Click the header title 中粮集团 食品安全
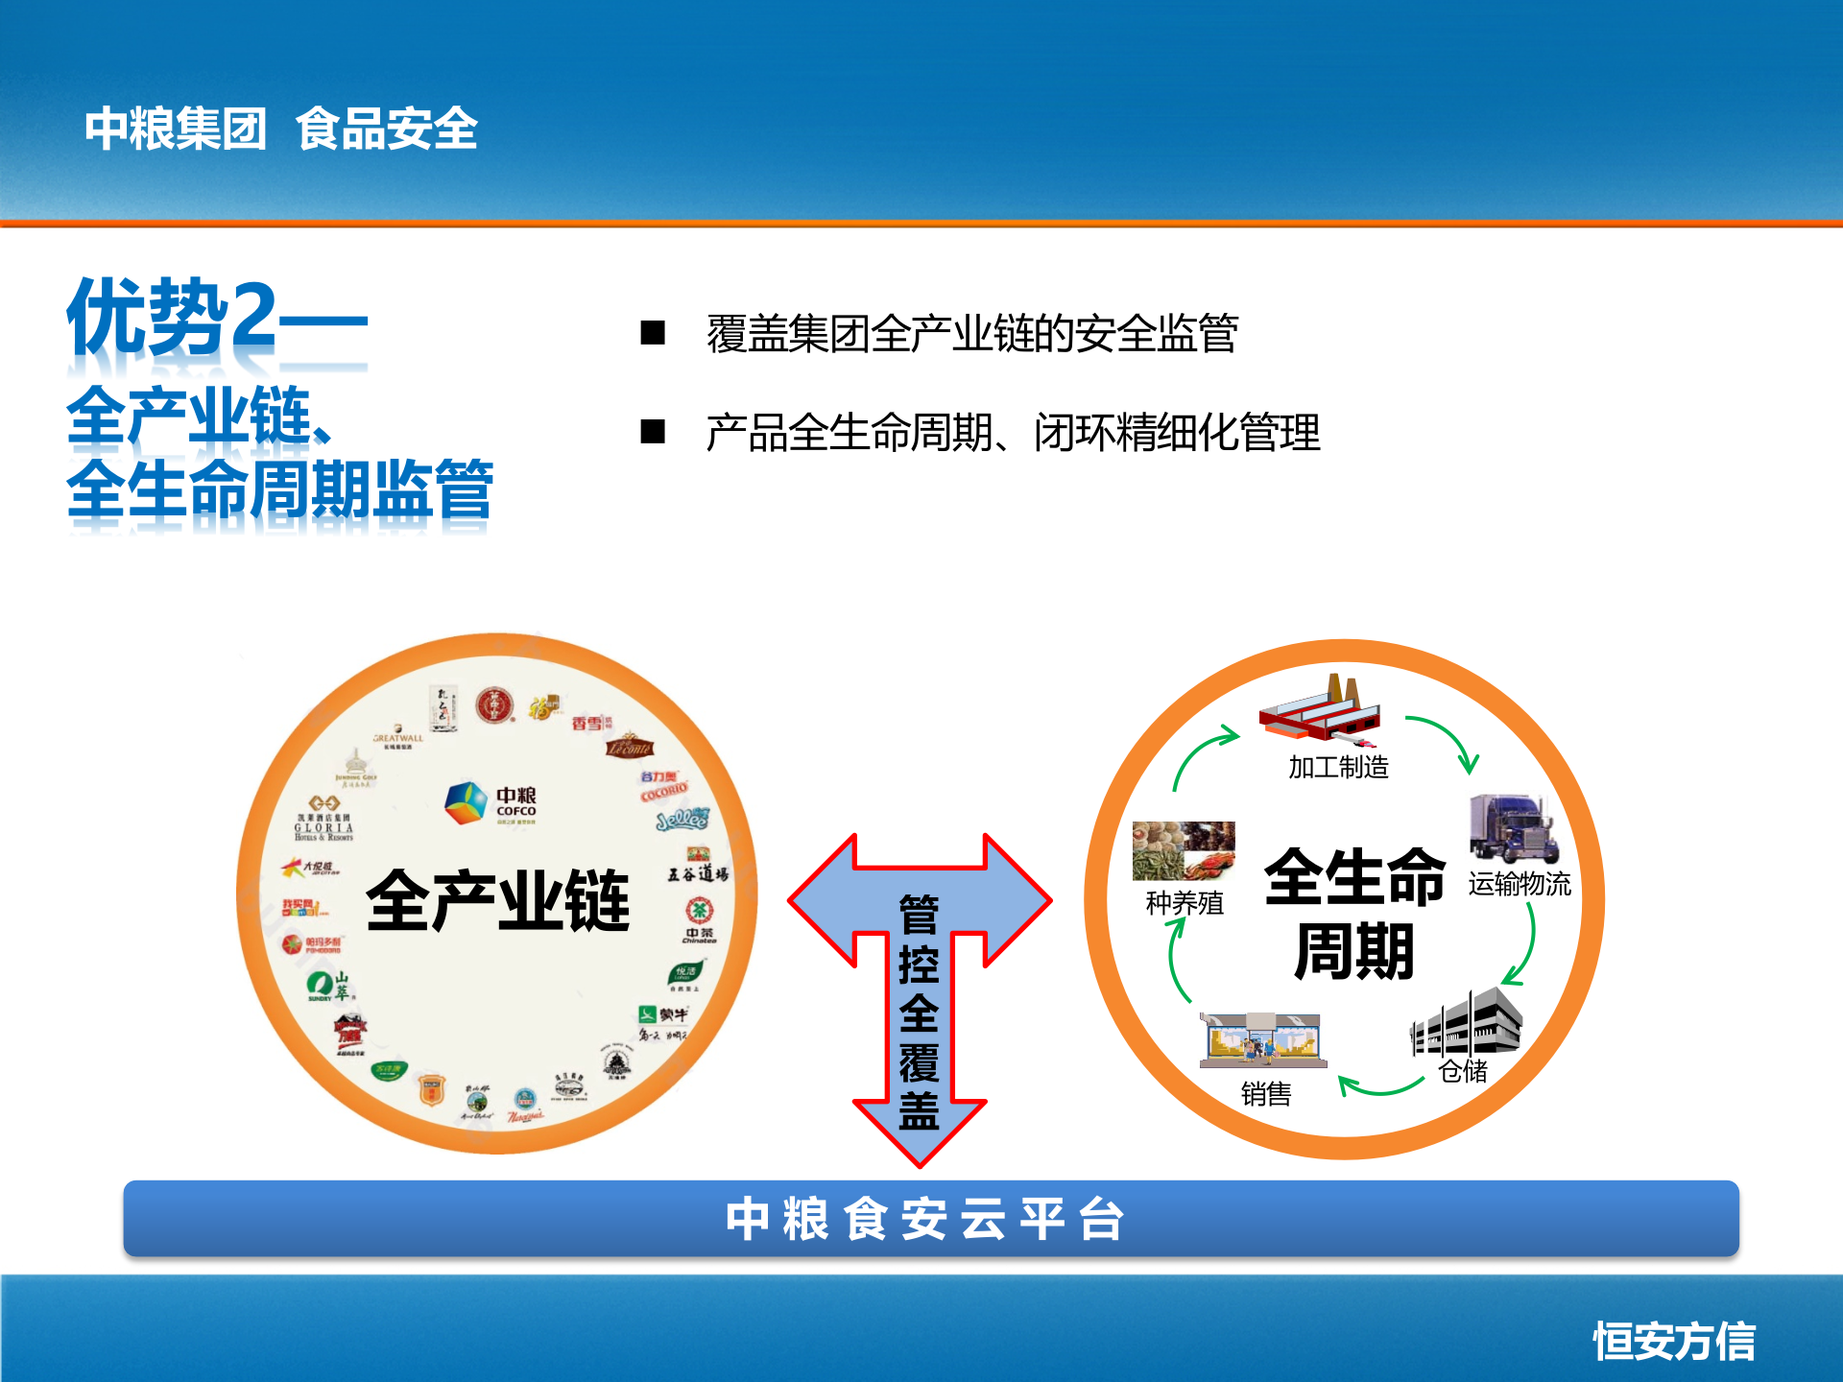pos(280,129)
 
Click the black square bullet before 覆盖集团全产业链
pos(653,333)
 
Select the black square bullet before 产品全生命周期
pos(653,432)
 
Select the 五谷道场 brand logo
pos(698,869)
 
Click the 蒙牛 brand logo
pos(663,1014)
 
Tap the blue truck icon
pos(1513,828)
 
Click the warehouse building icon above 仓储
pos(1466,1023)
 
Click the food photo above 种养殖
pos(1184,850)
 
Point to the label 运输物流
pos(1519,884)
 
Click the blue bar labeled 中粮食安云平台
pos(930,1219)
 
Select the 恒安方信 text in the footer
pos(1674,1341)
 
